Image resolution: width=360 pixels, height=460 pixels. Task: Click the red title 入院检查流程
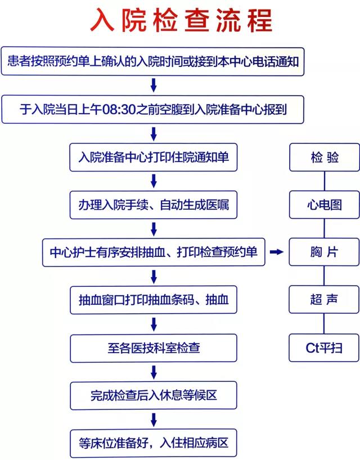(181, 20)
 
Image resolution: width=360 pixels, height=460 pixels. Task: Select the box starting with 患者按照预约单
(152, 62)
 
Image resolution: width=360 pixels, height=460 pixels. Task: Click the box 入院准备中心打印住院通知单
(153, 157)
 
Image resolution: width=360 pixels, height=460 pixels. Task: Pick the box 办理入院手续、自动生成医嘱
(153, 205)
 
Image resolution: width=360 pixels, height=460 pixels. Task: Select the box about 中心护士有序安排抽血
(154, 252)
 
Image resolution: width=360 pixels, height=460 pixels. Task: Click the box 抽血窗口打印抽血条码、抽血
(153, 300)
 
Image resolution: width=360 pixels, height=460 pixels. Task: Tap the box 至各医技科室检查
(153, 348)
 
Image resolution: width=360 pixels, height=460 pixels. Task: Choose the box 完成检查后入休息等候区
(153, 395)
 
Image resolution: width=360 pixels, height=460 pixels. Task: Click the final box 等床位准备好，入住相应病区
(153, 443)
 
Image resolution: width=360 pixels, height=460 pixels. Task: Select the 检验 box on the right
(324, 157)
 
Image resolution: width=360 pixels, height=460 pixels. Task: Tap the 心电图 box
(324, 205)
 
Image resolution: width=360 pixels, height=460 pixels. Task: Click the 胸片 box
(324, 252)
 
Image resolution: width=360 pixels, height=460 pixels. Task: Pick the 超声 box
(324, 300)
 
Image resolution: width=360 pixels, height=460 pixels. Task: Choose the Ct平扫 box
(324, 348)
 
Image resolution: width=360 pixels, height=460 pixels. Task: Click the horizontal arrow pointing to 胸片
(276, 252)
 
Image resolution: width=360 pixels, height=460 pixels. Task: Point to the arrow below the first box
(153, 85)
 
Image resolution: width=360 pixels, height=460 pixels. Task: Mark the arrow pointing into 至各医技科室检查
(154, 324)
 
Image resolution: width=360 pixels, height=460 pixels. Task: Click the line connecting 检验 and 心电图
(324, 181)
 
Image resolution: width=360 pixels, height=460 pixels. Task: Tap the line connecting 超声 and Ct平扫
(324, 323)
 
